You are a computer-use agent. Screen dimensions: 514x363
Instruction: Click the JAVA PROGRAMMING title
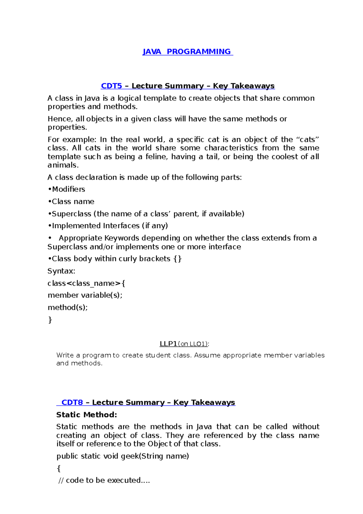point(188,52)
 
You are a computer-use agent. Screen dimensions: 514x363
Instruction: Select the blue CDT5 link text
point(111,86)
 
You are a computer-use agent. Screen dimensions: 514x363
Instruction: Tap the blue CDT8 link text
point(72,403)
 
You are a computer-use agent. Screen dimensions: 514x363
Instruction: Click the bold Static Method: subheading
point(87,415)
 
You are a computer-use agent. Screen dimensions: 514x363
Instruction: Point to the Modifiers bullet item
point(68,189)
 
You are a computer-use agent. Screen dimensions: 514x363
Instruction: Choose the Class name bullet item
point(73,202)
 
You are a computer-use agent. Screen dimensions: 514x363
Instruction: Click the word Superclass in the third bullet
point(71,214)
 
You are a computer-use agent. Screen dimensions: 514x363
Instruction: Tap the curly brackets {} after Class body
point(178,259)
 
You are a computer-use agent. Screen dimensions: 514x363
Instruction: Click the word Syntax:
point(61,271)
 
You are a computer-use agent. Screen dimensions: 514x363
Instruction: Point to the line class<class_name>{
point(87,283)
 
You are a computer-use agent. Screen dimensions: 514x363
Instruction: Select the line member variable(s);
point(85,295)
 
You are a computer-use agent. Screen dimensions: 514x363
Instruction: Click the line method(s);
point(68,308)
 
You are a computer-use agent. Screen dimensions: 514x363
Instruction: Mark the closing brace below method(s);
point(50,320)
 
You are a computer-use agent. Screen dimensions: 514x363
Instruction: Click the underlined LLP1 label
point(168,344)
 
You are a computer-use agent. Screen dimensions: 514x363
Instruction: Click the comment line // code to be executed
point(104,480)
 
